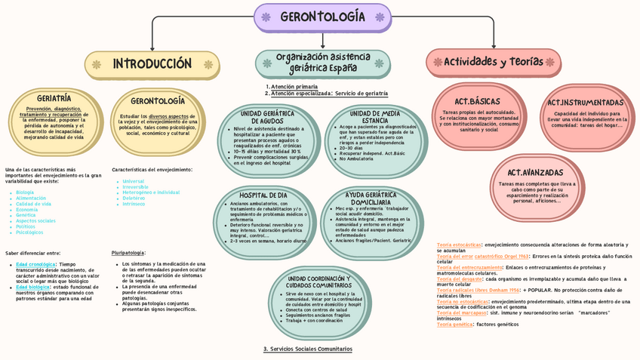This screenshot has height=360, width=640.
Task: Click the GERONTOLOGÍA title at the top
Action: tap(322, 17)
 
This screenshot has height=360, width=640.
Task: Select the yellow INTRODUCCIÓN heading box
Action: tap(152, 64)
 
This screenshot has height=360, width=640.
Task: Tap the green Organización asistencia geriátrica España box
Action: tap(322, 63)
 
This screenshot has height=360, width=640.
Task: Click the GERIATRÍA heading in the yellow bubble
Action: tap(54, 98)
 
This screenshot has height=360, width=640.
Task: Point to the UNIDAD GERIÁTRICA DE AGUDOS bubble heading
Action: tap(267, 117)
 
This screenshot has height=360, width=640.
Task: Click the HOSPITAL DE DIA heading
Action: tap(263, 195)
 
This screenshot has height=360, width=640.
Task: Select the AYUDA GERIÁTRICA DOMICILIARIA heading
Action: tap(371, 198)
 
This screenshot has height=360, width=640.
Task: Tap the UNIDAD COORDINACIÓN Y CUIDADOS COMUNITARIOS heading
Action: tap(320, 282)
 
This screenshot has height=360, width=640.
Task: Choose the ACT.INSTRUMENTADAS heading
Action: tap(586, 103)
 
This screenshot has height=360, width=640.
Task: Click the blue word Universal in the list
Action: tap(133, 181)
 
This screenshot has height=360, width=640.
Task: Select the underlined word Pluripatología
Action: tap(128, 253)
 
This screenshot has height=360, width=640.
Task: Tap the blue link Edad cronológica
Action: tap(35, 264)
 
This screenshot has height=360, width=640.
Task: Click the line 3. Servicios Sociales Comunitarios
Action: tap(307, 349)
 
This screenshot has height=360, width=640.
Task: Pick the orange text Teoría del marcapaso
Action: tap(463, 312)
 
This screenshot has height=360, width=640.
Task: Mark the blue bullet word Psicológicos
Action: tap(29, 232)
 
